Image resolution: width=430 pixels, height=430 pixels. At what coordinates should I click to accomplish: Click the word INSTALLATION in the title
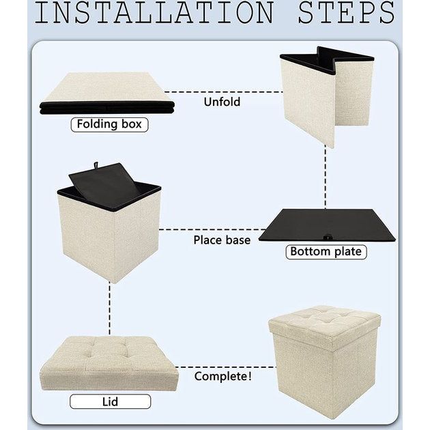click(x=154, y=12)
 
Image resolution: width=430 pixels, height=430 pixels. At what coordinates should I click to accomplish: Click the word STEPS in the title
click(x=346, y=12)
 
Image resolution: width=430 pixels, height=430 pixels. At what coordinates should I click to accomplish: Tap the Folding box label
click(x=109, y=124)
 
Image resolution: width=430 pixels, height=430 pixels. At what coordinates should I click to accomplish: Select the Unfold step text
click(x=222, y=102)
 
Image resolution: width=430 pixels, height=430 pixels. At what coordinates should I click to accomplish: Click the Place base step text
click(x=222, y=240)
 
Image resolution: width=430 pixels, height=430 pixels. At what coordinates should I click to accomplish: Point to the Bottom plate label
click(x=326, y=252)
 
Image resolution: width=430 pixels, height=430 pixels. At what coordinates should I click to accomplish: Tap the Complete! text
click(x=223, y=376)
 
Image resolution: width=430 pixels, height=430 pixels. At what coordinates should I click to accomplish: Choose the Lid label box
click(x=111, y=402)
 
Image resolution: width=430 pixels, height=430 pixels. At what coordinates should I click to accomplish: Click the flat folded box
click(x=107, y=94)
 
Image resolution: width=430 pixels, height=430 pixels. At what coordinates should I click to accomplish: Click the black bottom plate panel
click(x=327, y=225)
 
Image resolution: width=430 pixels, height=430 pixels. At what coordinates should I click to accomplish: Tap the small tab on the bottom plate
click(x=327, y=238)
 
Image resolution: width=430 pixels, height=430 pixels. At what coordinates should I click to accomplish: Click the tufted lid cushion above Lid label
click(x=109, y=363)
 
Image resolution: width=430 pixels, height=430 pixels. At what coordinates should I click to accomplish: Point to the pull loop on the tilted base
click(x=96, y=165)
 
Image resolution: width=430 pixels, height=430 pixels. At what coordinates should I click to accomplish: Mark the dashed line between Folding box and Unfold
click(x=223, y=92)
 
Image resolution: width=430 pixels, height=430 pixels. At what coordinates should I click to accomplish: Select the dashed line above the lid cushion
click(x=110, y=309)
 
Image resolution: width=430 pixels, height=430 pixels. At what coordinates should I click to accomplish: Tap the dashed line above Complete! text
click(x=225, y=367)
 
